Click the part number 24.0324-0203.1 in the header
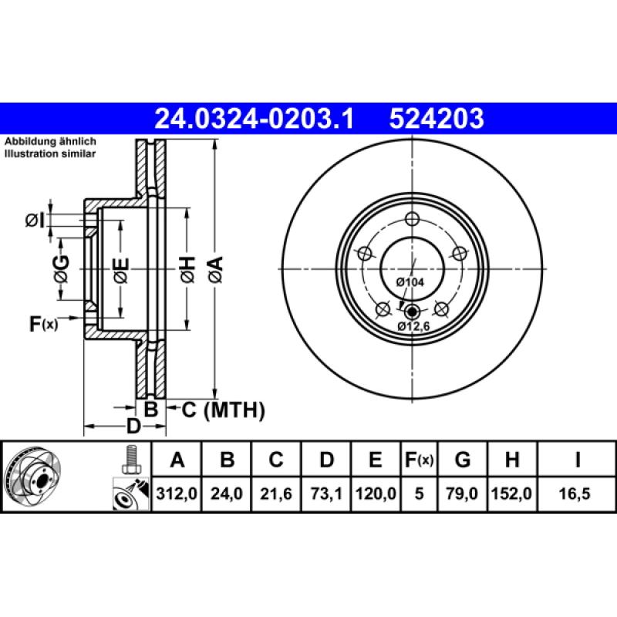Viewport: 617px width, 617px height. tap(254, 118)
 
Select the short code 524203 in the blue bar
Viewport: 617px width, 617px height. tap(437, 118)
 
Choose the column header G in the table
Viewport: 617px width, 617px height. tap(462, 460)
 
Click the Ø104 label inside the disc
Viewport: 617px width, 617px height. tap(410, 282)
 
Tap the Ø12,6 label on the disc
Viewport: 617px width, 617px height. tap(413, 326)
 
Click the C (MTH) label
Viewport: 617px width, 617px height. tap(223, 409)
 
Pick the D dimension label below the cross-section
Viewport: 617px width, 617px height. tap(133, 427)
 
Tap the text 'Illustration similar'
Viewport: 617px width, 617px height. tap(50, 154)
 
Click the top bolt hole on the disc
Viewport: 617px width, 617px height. tap(411, 217)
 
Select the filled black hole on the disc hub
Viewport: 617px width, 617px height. tap(411, 312)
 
